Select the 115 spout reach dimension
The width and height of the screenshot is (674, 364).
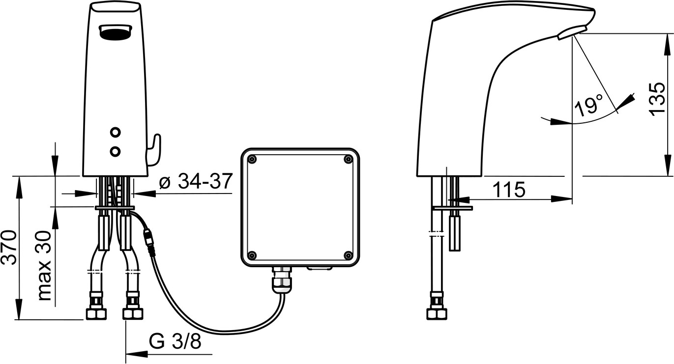[509, 190]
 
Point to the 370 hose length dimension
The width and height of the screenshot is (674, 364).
[9, 248]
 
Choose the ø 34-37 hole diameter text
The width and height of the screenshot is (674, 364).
[196, 181]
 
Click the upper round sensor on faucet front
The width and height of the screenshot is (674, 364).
[115, 132]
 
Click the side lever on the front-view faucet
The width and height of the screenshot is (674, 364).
[155, 150]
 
